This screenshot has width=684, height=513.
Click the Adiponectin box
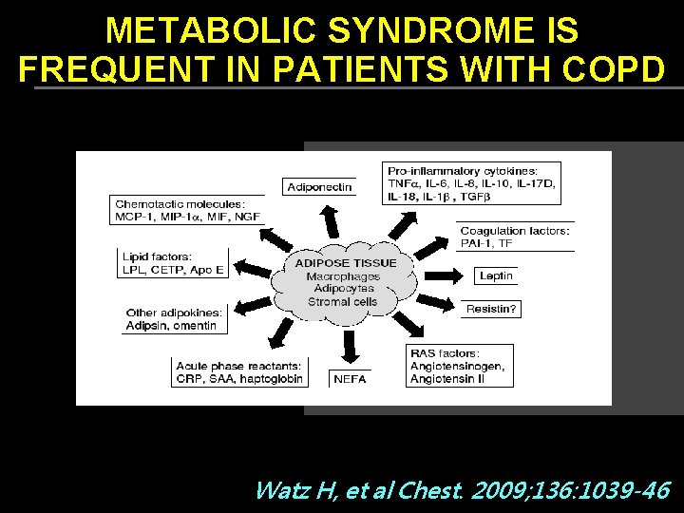tap(319, 187)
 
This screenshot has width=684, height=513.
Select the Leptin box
tap(497, 275)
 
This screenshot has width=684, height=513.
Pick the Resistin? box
tap(492, 309)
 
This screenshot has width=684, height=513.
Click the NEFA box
tap(350, 379)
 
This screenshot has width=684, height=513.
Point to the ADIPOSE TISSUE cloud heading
tap(346, 262)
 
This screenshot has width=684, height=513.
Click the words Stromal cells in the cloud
tap(342, 302)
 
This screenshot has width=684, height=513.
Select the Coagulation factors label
tap(515, 231)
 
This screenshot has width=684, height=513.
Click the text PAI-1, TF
tap(486, 243)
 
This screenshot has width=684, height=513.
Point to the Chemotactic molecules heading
tap(180, 203)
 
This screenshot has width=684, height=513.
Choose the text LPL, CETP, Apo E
tap(173, 270)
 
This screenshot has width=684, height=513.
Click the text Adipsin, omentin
tap(171, 326)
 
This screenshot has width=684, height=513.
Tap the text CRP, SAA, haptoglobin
tap(238, 378)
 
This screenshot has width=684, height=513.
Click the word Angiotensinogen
tap(457, 367)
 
